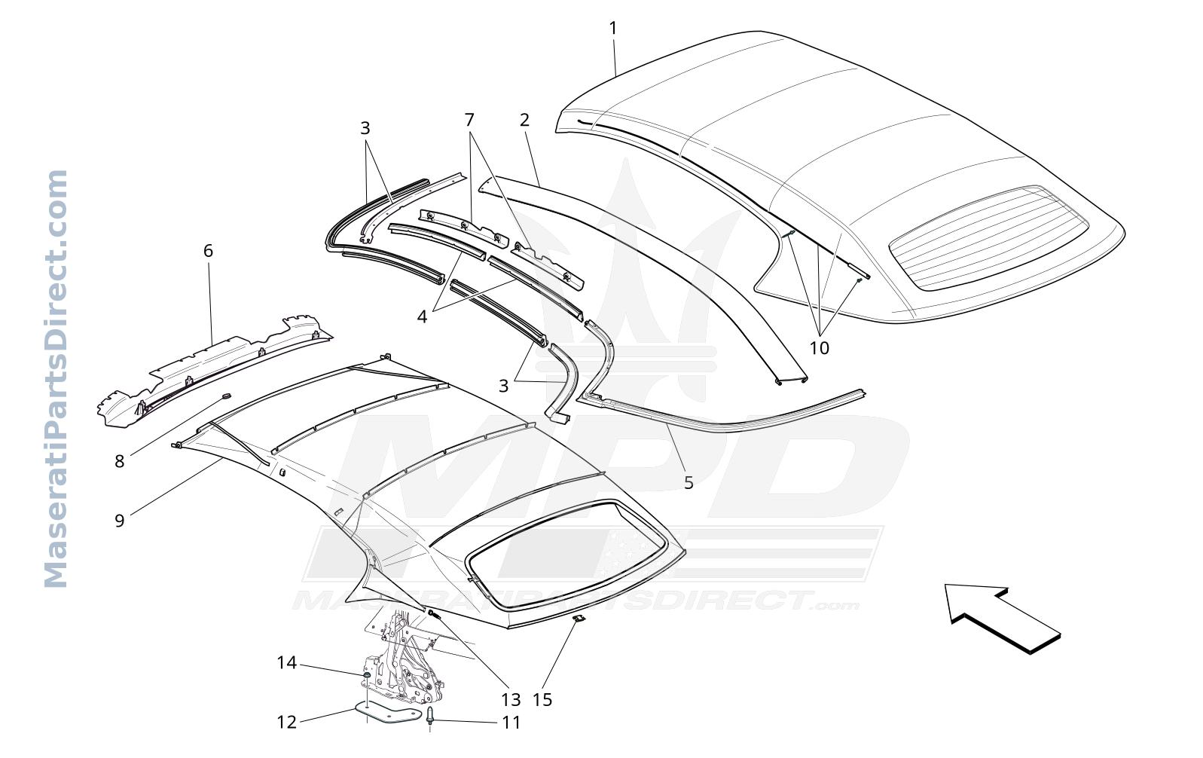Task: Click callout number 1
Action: (x=612, y=28)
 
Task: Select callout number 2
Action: (x=525, y=120)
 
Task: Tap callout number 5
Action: (x=689, y=483)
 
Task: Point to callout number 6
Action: (x=209, y=251)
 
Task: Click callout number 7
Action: (x=470, y=119)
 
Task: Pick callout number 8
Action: (x=119, y=461)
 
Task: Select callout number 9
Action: (x=119, y=520)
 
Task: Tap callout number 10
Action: (x=820, y=348)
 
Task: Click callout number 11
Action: (x=511, y=723)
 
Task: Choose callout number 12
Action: (x=287, y=723)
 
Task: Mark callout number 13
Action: (x=511, y=699)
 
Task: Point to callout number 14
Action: (x=287, y=663)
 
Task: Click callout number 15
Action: (x=542, y=699)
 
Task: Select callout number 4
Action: (x=422, y=317)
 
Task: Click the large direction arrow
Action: (x=1002, y=619)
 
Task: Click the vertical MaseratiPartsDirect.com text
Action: (x=56, y=379)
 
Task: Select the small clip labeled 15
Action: (x=579, y=619)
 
